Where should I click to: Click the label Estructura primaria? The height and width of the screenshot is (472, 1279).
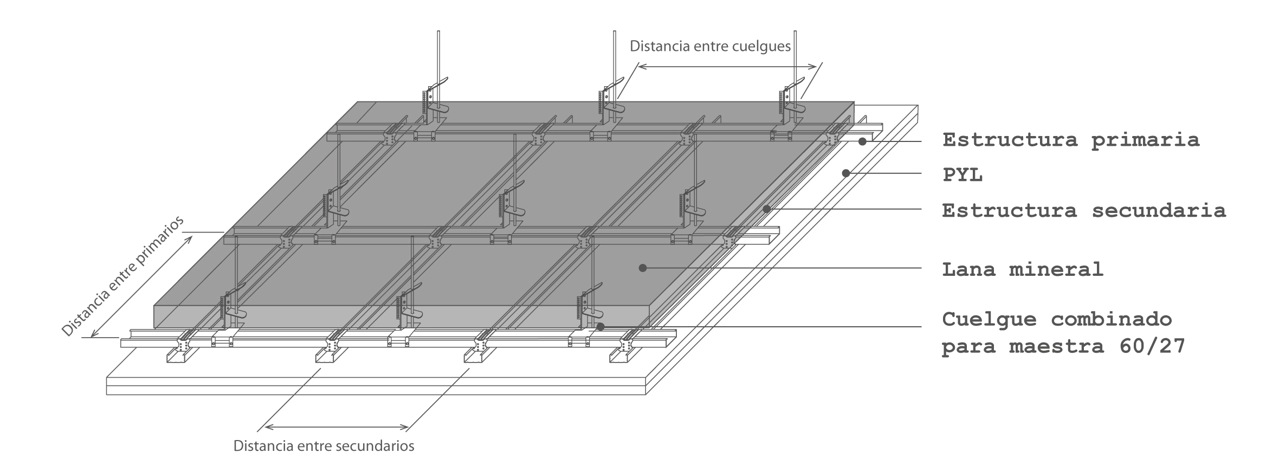pos(1071,140)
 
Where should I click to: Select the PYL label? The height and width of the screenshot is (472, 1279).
pos(963,176)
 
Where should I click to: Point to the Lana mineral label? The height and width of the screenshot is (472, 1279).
pos(1023,269)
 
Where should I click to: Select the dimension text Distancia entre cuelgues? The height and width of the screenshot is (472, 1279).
pos(710,47)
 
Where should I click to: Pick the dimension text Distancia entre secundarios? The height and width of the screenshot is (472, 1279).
pos(324,447)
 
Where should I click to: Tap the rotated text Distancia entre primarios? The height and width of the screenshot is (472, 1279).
pos(122,276)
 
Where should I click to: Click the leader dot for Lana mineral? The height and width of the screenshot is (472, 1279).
pos(643,268)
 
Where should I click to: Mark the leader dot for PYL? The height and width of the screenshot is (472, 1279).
pos(845,173)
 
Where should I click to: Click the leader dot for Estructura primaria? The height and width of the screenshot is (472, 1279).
pos(862,141)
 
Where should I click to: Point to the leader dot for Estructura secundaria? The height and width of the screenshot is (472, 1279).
pos(767,209)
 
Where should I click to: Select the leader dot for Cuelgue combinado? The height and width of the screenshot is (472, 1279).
pos(600,326)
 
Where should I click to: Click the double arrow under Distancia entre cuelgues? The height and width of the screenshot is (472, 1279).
pos(727,67)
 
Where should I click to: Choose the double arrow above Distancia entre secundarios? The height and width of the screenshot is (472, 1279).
pos(336,427)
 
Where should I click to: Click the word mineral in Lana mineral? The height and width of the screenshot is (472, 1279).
pos(1056,269)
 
